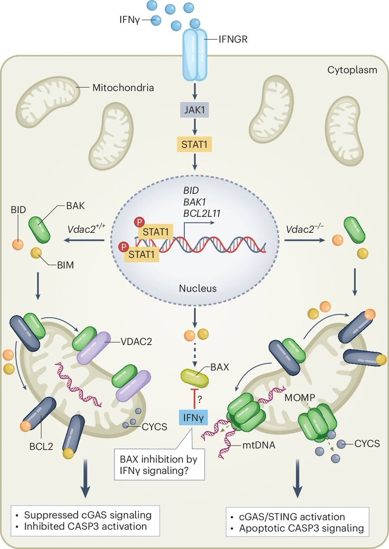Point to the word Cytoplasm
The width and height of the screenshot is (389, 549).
tap(352, 70)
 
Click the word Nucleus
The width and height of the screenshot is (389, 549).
tap(194, 288)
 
